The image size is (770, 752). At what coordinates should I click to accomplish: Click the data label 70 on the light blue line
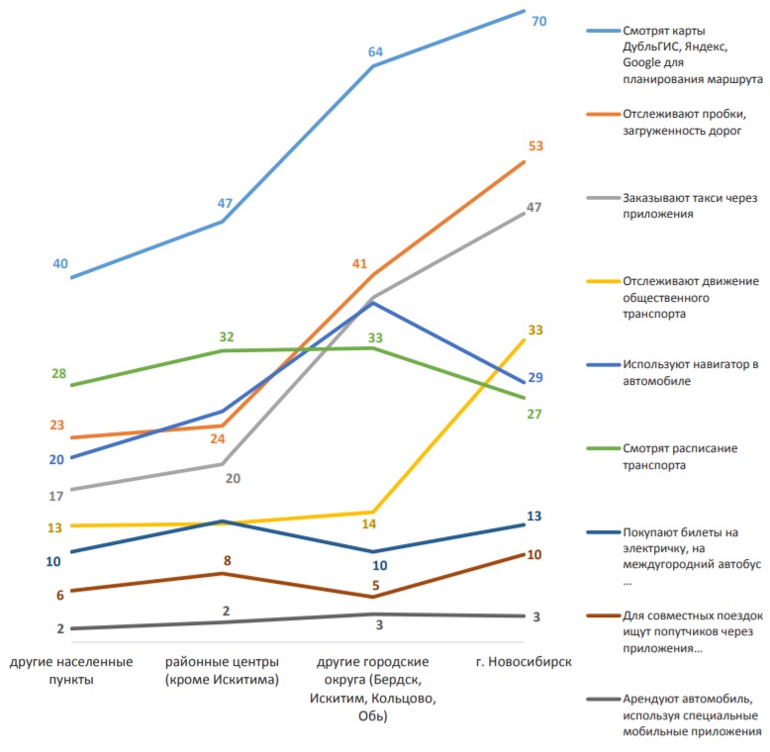pos(539,20)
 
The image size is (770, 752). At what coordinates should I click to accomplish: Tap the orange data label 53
pos(535,146)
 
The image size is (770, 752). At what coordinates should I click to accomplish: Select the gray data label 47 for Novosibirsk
pos(534,208)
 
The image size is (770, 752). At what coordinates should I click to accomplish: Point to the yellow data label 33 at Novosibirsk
pos(535,329)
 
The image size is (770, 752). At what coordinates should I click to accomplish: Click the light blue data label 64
pos(375,51)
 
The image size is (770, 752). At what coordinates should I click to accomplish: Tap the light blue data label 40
pos(60,263)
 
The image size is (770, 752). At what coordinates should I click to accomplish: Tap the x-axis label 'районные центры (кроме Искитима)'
pos(222,670)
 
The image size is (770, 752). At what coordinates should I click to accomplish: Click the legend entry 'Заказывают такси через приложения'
pos(690,205)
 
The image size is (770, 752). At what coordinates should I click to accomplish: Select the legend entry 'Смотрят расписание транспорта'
pos(680,456)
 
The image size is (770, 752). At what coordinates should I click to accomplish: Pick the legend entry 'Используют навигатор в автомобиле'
pos(690,372)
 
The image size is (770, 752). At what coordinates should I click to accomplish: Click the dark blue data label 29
pos(535,378)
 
